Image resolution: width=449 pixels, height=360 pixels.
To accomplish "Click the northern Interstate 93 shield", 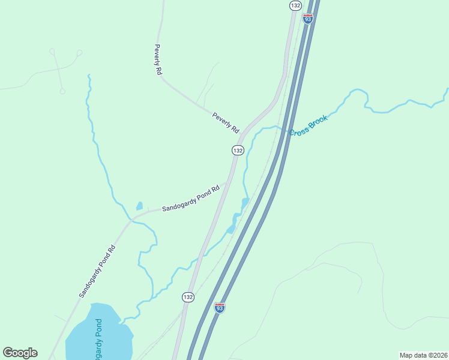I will click(x=308, y=19).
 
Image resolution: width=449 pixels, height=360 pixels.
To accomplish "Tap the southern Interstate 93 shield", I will click(x=220, y=308).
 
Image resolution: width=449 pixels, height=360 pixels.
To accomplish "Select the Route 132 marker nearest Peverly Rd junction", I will click(x=238, y=150).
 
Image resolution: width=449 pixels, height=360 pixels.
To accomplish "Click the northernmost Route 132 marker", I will click(x=295, y=5).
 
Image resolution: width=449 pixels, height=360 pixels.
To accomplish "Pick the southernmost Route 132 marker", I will click(x=188, y=297).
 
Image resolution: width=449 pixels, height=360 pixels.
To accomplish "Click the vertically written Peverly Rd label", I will click(x=158, y=59).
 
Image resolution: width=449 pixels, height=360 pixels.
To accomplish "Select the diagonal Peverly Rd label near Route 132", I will click(x=226, y=122).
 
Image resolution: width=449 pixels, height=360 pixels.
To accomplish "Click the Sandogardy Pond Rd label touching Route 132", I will click(x=191, y=198).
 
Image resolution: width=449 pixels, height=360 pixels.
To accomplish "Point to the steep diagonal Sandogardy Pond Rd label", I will click(x=97, y=272).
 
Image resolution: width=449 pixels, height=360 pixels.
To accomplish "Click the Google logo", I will click(x=20, y=353).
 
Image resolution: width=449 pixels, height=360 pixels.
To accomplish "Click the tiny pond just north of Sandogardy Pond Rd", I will click(x=140, y=206).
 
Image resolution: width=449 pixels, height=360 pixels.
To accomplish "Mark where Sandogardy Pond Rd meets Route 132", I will click(x=227, y=182).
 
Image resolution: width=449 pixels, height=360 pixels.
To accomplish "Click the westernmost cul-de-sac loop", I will click(x=52, y=51).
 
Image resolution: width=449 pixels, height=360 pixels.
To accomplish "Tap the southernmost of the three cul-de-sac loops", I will click(x=62, y=91).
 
